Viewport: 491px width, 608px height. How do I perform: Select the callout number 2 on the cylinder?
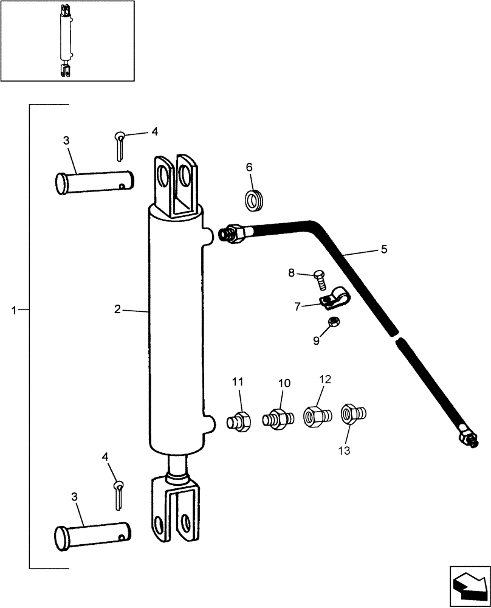(x=117, y=309)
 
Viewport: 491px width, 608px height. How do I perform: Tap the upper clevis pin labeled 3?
(x=94, y=180)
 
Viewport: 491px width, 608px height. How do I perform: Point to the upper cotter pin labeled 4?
(x=120, y=146)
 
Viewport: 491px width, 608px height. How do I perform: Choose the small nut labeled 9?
(x=333, y=322)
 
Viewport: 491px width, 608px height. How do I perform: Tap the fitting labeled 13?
(x=352, y=415)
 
